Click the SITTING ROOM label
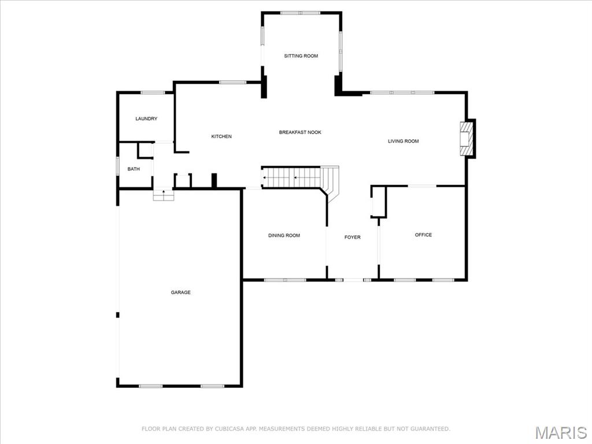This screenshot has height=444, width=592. click(x=301, y=56)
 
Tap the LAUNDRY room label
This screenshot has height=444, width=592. click(x=146, y=119)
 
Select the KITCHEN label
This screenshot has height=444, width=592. click(x=221, y=136)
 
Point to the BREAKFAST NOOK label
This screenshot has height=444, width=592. click(x=300, y=132)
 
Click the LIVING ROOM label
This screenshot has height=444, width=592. click(x=403, y=141)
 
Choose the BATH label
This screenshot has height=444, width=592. click(x=134, y=169)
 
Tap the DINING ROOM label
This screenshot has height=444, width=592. click(x=284, y=235)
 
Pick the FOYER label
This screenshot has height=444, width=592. click(x=352, y=237)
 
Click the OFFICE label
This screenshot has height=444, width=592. click(x=423, y=235)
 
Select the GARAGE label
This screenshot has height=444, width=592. click(x=180, y=293)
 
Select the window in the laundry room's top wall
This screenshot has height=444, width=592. click(x=153, y=92)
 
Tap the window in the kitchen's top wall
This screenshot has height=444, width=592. click(x=232, y=83)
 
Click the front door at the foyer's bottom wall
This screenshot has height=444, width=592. click(x=353, y=280)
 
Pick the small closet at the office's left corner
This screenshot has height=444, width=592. click(x=378, y=202)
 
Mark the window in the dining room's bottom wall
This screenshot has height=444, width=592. click(x=285, y=280)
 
